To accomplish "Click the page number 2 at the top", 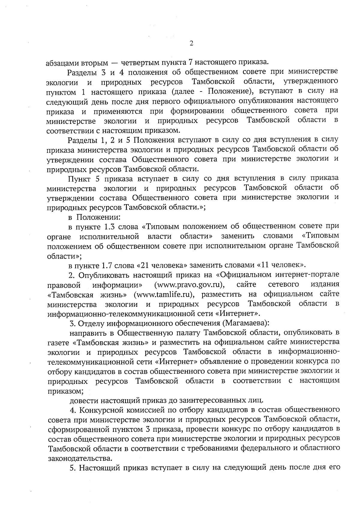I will coord(191,43).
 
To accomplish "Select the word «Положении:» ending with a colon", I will coord(98,217).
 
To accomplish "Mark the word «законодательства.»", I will coord(80,459).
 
